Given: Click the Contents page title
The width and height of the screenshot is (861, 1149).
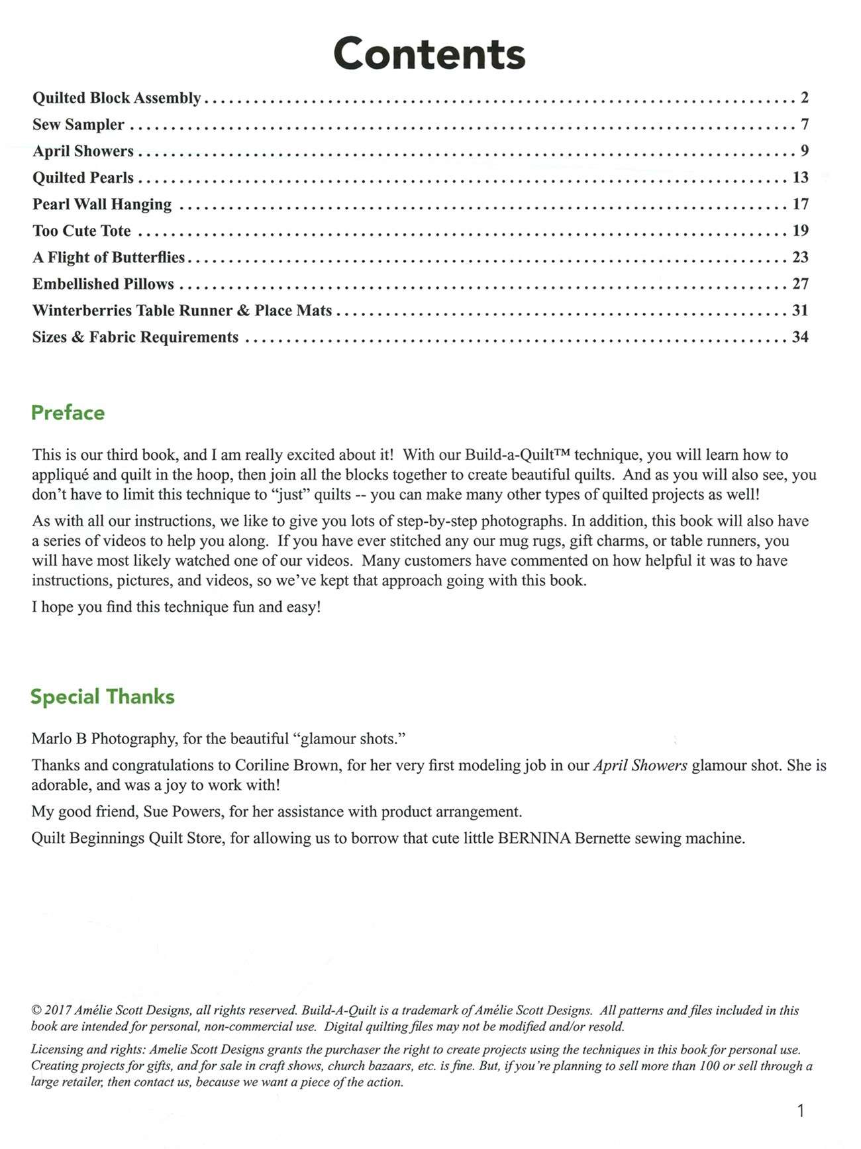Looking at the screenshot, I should [x=429, y=54].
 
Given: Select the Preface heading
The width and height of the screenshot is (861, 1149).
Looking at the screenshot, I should [x=68, y=413].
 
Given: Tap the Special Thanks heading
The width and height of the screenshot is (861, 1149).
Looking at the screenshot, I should [x=103, y=696].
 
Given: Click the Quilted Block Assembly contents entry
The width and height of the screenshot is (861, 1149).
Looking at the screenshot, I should [x=117, y=98].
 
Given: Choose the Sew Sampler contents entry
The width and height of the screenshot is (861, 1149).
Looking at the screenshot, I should [x=78, y=125].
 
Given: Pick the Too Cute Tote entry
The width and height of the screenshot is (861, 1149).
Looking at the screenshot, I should [x=81, y=231].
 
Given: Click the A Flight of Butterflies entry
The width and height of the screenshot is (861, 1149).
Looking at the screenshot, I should [x=109, y=257].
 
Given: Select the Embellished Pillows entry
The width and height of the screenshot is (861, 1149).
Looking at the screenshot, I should [x=103, y=284].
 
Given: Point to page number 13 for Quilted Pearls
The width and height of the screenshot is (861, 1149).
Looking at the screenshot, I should [x=800, y=178].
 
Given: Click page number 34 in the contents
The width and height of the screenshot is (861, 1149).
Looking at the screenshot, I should [x=800, y=337].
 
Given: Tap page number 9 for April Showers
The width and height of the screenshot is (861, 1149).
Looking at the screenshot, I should [x=804, y=151].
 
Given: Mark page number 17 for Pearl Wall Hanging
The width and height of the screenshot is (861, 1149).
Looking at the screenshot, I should [x=800, y=204].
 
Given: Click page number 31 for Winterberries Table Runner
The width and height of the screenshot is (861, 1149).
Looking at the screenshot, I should [x=800, y=310].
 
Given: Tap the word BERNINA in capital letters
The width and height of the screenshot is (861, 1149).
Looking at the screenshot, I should [x=534, y=838].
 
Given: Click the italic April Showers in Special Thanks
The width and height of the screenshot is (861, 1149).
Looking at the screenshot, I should [x=640, y=765].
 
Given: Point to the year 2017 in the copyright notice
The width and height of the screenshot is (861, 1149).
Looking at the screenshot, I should [x=58, y=1011].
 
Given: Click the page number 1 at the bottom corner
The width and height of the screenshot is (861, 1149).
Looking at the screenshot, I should [x=801, y=1111].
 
